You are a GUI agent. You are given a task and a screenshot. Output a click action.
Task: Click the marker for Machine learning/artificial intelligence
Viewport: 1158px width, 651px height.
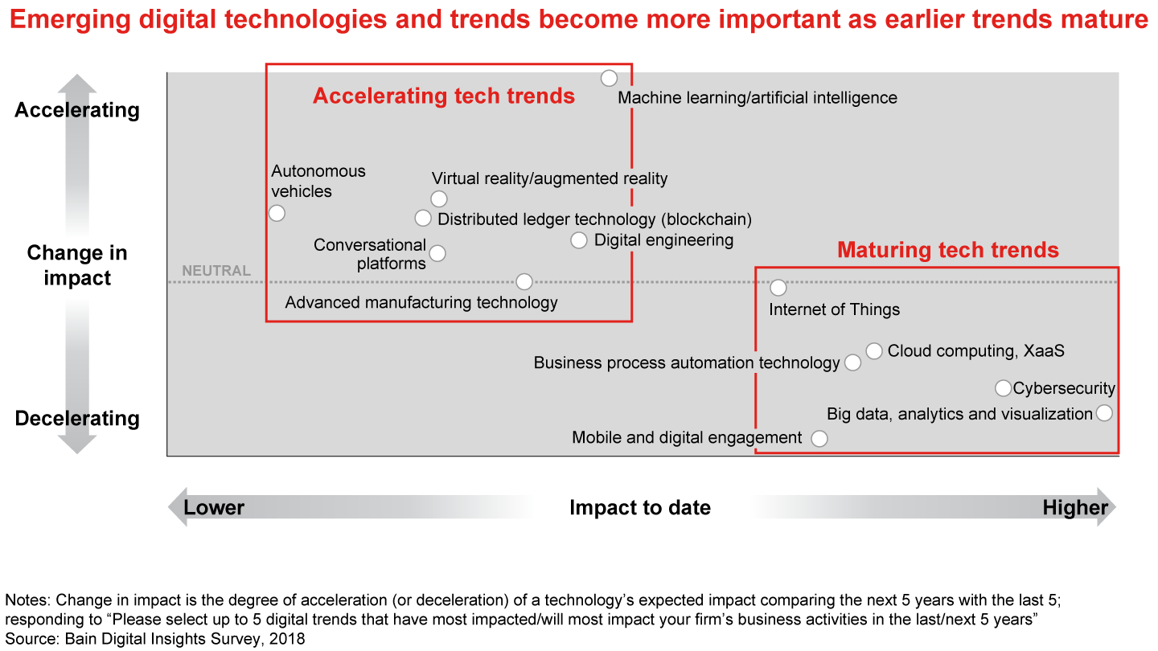point(609,79)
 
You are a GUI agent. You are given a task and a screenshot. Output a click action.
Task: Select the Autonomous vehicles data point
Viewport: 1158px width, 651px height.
point(277,214)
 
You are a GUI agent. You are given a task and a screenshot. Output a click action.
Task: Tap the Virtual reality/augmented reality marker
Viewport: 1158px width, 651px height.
point(439,199)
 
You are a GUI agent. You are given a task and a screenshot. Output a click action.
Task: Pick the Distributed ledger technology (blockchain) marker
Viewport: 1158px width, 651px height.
point(423,219)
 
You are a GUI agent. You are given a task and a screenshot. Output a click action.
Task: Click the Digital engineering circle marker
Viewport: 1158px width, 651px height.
point(579,240)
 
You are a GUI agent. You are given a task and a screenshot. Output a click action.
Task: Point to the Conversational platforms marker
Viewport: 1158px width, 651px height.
point(437,254)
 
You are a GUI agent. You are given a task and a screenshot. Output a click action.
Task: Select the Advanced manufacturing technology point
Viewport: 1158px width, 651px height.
point(524,282)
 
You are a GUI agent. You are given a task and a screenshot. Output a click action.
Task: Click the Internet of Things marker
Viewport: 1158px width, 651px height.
point(778,288)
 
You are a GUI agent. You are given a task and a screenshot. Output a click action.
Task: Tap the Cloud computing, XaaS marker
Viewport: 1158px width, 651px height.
point(874,351)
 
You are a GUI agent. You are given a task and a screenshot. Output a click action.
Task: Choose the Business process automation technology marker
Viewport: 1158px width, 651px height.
point(853,362)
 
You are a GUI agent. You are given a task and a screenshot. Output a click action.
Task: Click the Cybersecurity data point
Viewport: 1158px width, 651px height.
point(1004,388)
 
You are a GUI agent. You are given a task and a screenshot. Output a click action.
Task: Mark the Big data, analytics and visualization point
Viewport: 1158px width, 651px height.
point(1104,413)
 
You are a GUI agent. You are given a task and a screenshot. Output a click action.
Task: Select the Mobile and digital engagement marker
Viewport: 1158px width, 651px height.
point(819,439)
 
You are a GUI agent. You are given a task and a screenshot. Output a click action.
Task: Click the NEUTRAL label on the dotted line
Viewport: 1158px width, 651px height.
point(216,270)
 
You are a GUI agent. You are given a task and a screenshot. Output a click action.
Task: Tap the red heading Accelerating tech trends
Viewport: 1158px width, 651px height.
point(444,96)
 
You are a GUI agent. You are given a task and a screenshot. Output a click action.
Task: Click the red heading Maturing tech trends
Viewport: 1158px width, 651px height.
point(948,250)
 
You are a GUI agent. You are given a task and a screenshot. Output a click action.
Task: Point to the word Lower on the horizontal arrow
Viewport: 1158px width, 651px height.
point(214,508)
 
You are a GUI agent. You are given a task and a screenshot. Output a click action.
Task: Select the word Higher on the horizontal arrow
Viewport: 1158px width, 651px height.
point(1075,508)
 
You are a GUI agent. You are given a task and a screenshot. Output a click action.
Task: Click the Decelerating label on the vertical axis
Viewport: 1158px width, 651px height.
point(77,419)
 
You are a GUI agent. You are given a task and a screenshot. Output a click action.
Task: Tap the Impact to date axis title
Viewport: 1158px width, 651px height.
point(640,508)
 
